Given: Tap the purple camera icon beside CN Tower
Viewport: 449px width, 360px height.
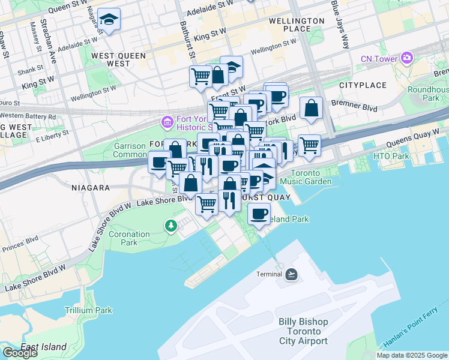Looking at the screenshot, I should pos(408,58).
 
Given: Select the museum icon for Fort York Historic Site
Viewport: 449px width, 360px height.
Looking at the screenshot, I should pos(167,122).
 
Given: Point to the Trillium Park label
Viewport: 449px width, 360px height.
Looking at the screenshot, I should pos(89,310).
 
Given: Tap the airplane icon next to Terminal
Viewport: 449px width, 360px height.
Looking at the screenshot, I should pos(292,274).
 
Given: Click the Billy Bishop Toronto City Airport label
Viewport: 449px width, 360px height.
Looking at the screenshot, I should pos(303,331).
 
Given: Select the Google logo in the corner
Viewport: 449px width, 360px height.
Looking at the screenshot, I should pos(20,353).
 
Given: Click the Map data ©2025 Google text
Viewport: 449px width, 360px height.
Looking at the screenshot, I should pos(412,355).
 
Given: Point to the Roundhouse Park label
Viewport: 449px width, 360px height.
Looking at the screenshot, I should pos(427,94).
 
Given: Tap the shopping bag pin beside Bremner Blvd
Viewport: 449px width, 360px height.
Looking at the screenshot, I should pos(311,109).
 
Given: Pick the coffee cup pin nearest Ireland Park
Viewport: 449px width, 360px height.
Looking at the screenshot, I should pos(259,214).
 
